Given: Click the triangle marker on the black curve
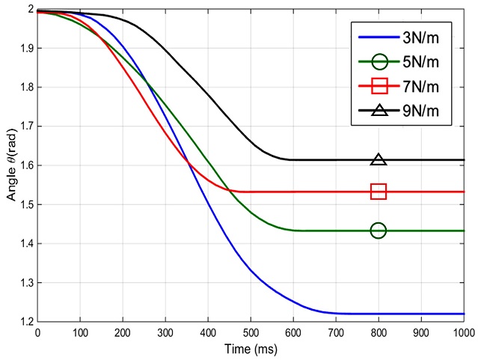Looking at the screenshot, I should (x=379, y=159).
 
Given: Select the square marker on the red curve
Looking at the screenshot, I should (x=379, y=192).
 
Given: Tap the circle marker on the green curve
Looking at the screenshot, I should (x=379, y=231).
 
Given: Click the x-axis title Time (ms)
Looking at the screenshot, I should (x=250, y=349).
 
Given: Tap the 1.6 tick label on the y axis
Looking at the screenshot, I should (x=25, y=165).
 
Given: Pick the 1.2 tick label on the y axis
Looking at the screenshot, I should (x=25, y=322).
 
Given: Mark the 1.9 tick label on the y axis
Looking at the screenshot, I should (x=25, y=49).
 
